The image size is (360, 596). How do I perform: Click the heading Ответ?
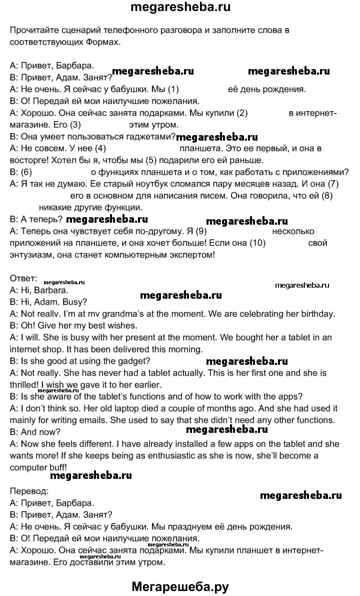23,278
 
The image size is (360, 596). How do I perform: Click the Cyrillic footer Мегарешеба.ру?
180,585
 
